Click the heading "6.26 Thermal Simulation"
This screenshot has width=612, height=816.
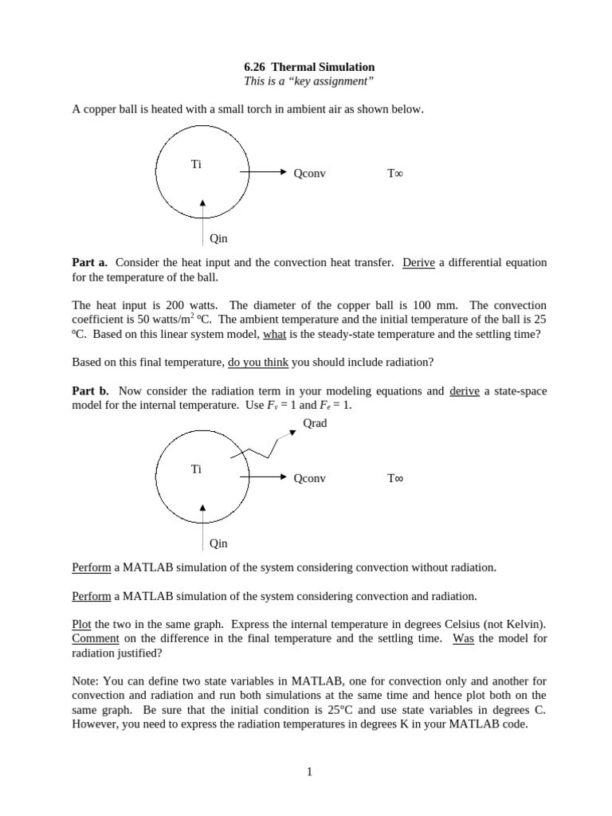[308, 67]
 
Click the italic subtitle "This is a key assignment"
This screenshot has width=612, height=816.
[308, 81]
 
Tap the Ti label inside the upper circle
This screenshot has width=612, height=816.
[196, 164]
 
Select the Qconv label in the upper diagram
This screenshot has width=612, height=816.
[309, 172]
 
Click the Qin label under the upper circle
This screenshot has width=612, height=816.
[218, 237]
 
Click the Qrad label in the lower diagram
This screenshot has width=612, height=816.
[315, 423]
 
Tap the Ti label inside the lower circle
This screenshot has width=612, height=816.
[196, 469]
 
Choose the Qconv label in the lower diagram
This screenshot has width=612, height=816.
[309, 478]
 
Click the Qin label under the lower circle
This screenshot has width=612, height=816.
[218, 543]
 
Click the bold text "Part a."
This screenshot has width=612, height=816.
[92, 262]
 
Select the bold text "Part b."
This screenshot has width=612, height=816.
[92, 390]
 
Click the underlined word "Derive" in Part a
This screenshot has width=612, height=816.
[418, 262]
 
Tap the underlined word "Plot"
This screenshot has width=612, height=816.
[82, 625]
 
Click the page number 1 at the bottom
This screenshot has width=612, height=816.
[308, 771]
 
